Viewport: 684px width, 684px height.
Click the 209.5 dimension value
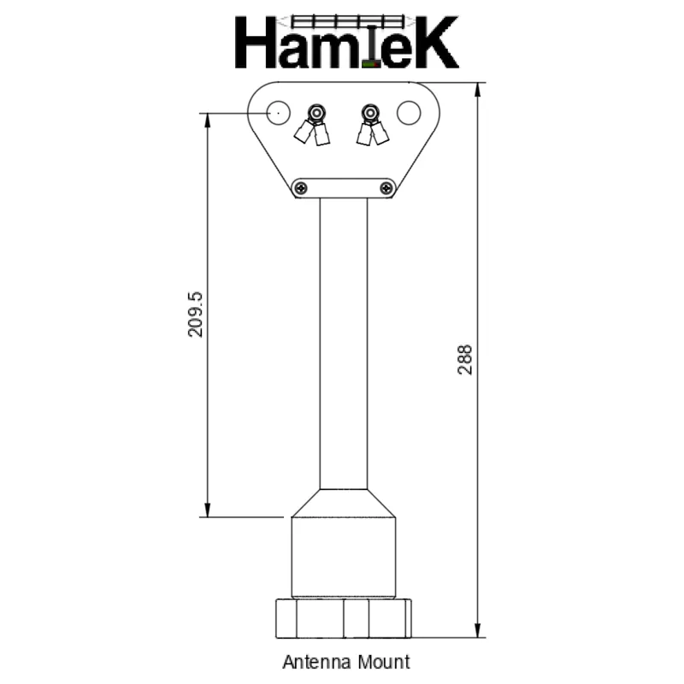coord(195,314)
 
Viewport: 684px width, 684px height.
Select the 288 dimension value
coord(464,361)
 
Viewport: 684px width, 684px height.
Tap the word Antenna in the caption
coord(313,662)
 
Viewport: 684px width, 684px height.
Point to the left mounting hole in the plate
coord(276,112)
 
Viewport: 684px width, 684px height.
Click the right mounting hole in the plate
coord(409,112)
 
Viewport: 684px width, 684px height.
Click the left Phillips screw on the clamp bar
coord(299,187)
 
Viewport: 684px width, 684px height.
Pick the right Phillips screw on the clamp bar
coord(387,187)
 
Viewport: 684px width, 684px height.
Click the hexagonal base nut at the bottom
coord(343,618)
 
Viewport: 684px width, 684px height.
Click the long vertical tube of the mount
coord(344,342)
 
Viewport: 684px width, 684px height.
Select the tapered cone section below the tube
coord(343,503)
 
